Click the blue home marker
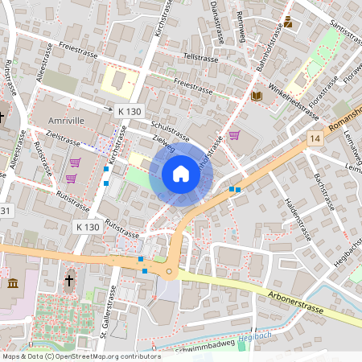(181, 173)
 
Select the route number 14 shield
(315, 139)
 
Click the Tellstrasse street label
(201, 58)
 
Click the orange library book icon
(257, 97)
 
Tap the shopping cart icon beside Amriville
(74, 162)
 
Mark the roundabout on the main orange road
(169, 272)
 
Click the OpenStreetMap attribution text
(80, 356)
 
